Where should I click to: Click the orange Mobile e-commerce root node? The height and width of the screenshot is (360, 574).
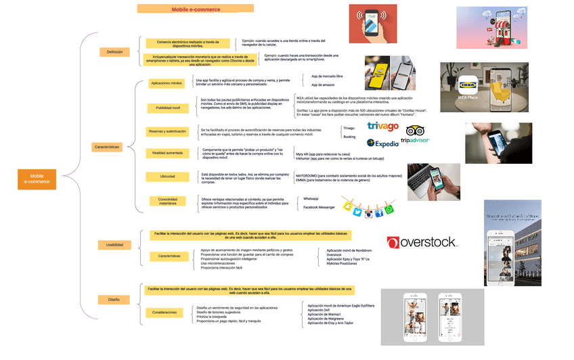point(37,179)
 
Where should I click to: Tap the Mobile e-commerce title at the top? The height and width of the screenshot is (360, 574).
point(195,9)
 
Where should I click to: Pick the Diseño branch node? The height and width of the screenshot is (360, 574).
point(113,299)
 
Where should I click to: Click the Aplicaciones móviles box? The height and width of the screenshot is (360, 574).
point(167,83)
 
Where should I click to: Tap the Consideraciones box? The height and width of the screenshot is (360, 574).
point(164,313)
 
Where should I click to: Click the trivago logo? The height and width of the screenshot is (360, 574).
point(382,127)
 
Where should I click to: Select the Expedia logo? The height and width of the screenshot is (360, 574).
point(382,143)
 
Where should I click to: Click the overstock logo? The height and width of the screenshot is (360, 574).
point(422,242)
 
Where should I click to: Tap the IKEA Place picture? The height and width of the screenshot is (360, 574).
point(474,87)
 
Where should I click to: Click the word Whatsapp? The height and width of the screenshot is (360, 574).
point(311,198)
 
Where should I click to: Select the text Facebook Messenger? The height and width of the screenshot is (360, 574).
point(319,207)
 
